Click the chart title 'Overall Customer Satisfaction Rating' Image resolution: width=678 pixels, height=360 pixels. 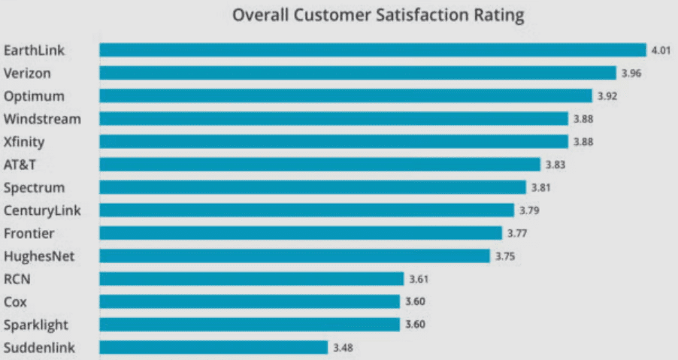(x=377, y=16)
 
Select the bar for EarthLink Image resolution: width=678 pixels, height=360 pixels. (x=372, y=50)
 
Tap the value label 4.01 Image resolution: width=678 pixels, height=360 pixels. (x=660, y=50)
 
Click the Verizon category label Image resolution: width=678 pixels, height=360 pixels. (x=28, y=74)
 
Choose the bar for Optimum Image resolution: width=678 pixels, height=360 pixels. (x=346, y=96)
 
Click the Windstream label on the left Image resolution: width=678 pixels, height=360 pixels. (x=42, y=119)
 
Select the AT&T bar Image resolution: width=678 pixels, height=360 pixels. (x=319, y=165)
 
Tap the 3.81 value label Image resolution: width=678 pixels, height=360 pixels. (x=540, y=188)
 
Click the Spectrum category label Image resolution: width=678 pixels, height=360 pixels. (x=34, y=188)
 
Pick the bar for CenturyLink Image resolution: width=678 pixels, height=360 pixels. (x=307, y=210)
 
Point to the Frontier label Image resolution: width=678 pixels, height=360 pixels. (x=29, y=233)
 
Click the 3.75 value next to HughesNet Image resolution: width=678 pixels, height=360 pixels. (x=504, y=256)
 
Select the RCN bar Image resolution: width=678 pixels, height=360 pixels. (x=252, y=279)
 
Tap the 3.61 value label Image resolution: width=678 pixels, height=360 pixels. (x=419, y=279)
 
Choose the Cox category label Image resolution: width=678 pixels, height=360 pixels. (x=15, y=301)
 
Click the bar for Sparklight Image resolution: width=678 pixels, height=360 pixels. (x=250, y=325)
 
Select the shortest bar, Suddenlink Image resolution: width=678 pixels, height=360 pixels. (x=213, y=347)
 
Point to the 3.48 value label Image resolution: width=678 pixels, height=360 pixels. (x=344, y=347)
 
